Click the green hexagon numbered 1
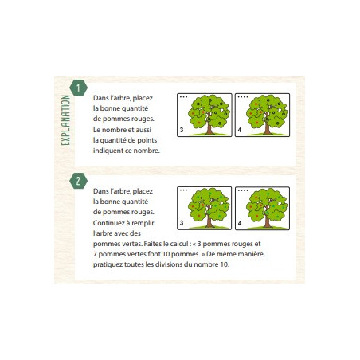[x=78, y=88]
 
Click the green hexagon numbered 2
[x=78, y=181]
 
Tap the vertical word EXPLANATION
[x=65, y=120]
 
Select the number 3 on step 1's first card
[x=182, y=130]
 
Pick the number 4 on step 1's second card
[x=240, y=130]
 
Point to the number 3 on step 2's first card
[x=182, y=223]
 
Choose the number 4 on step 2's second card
[x=240, y=223]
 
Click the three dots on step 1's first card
[x=183, y=97]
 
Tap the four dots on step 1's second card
[x=243, y=97]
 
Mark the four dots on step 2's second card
[x=243, y=190]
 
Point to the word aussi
[x=143, y=130]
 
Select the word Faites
[x=153, y=244]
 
